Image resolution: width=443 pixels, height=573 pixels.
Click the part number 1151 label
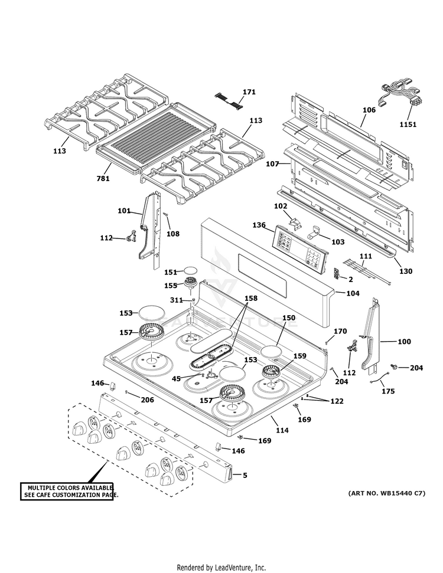pos(408,125)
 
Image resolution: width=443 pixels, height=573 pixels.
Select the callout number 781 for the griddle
pos(103,178)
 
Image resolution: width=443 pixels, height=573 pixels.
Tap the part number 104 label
pos(353,293)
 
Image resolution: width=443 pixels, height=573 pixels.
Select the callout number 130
pos(405,271)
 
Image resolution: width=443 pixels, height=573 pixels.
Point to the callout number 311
pos(177,300)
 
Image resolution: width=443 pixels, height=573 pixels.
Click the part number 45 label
pos(176,378)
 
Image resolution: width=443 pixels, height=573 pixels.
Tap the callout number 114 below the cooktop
pos(282,430)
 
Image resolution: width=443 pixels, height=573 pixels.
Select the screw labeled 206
pos(127,392)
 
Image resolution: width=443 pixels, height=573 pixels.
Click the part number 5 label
pos(245,474)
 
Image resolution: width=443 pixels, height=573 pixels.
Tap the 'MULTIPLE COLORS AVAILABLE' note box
pos(69,490)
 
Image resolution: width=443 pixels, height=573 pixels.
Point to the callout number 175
pos(387,391)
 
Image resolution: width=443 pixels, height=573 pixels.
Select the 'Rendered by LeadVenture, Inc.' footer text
pos(221,567)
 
